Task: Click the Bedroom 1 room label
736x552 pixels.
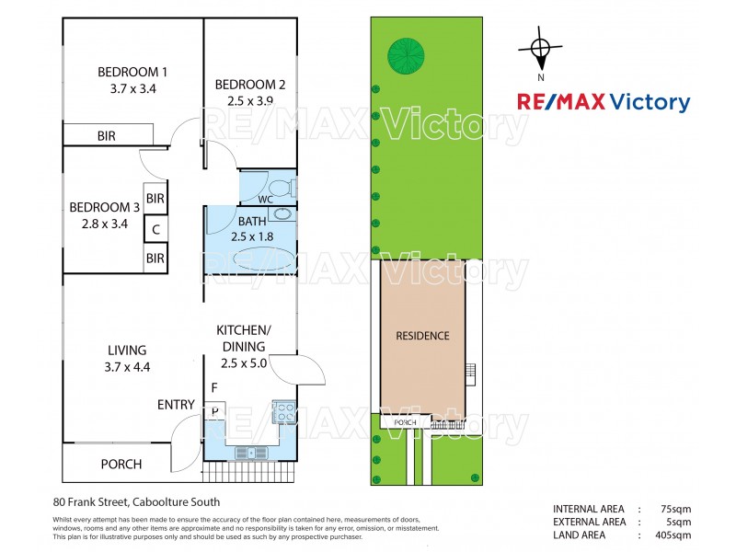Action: [x=132, y=72]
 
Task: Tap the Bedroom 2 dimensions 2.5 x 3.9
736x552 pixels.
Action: [x=249, y=101]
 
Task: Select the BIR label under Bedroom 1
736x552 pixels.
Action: [x=107, y=136]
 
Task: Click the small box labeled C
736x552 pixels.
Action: [x=155, y=229]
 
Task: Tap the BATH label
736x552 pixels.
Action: [x=251, y=221]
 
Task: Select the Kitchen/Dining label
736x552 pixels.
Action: [x=243, y=338]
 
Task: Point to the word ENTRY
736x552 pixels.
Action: [x=176, y=405]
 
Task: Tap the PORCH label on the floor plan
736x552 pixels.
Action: [x=121, y=465]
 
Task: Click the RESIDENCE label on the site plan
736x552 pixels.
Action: [x=423, y=336]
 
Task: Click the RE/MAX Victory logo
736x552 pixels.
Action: [x=603, y=102]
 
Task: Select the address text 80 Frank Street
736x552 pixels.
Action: [x=136, y=502]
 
